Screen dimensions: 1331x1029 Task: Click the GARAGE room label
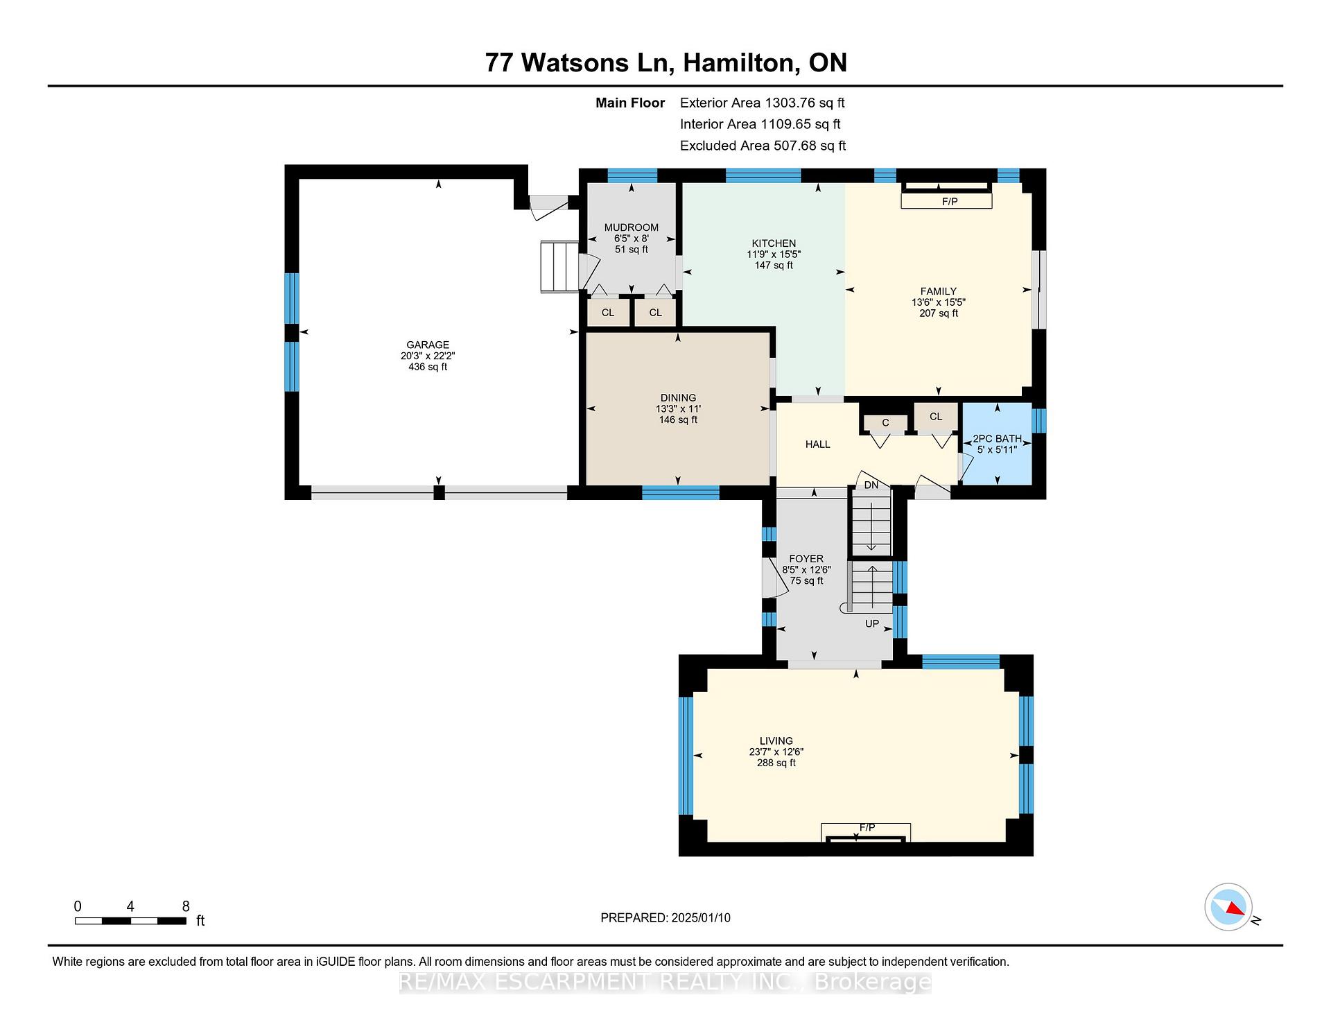click(428, 345)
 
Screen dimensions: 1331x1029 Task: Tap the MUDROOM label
click(631, 227)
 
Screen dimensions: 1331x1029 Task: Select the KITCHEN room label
click(774, 243)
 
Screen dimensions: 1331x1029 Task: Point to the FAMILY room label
click(939, 291)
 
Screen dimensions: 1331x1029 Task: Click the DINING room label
click(678, 398)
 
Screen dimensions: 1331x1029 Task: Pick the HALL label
click(818, 444)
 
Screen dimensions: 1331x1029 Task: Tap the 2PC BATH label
click(997, 439)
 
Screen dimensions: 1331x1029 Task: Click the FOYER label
click(806, 559)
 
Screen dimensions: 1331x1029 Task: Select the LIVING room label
click(776, 741)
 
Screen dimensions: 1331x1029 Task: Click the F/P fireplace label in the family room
click(950, 202)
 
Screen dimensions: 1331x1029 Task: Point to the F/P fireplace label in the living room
click(867, 827)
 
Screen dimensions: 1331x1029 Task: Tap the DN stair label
click(871, 485)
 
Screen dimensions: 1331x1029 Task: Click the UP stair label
click(872, 623)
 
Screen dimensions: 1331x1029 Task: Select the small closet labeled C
click(885, 423)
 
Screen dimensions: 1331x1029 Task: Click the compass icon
click(1228, 907)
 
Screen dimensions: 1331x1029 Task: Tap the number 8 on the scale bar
click(186, 906)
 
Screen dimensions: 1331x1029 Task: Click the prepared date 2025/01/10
click(701, 918)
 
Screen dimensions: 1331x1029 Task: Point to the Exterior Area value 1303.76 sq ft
click(804, 103)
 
